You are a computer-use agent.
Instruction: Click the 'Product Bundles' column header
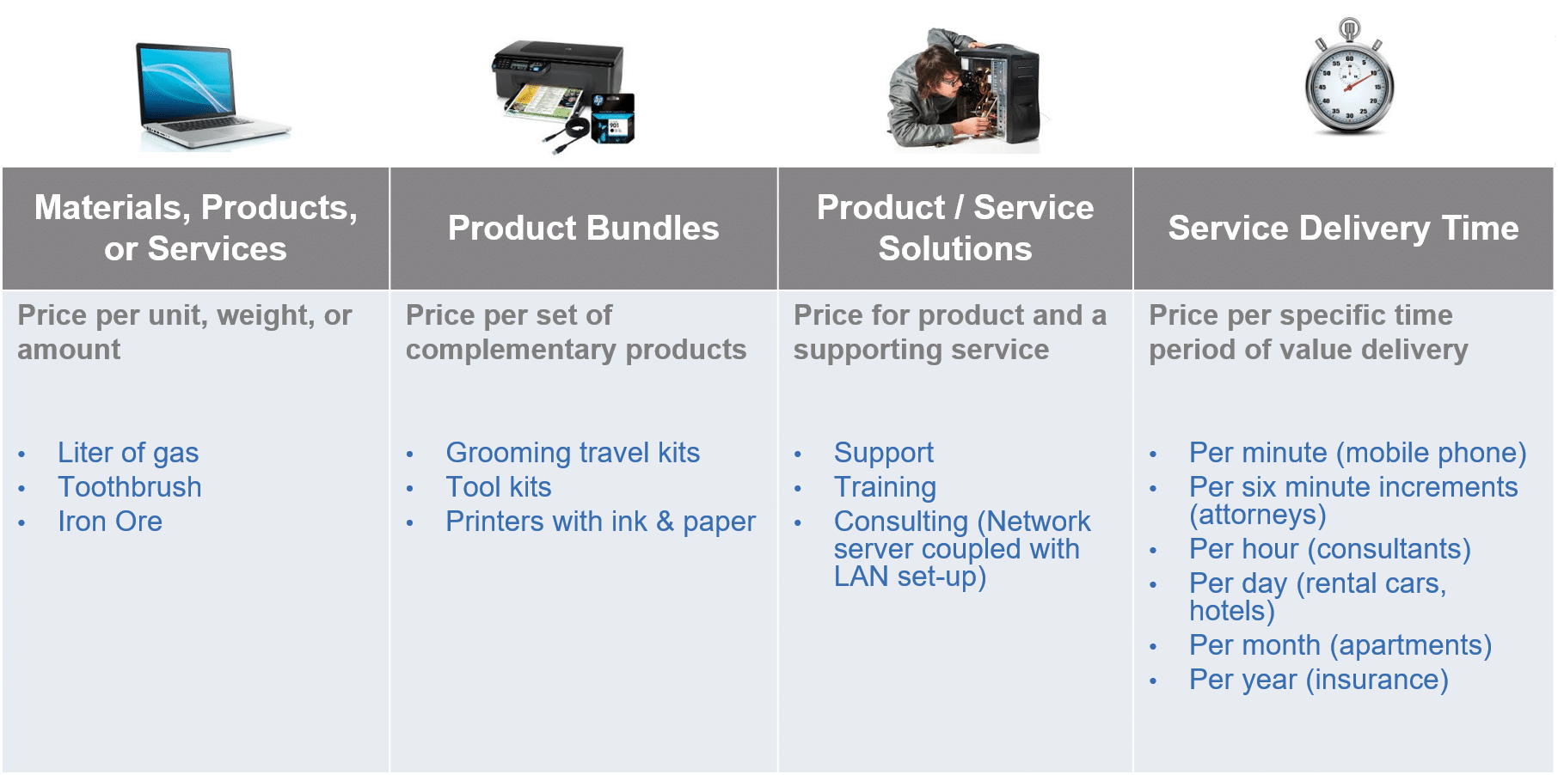[584, 228]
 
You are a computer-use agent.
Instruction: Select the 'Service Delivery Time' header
[1343, 228]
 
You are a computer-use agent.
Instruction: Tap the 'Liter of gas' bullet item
[128, 453]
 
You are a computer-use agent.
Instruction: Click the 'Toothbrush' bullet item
[130, 487]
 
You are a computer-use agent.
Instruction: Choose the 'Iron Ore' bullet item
[110, 522]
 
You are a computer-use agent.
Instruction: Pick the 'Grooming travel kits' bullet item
[573, 453]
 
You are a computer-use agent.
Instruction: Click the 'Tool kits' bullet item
[499, 487]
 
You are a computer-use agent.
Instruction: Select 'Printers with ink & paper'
[601, 522]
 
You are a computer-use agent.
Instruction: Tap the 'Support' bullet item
[884, 453]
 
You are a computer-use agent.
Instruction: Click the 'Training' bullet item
[885, 487]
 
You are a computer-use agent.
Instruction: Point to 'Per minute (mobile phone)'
[1358, 453]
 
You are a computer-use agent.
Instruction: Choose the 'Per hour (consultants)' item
[1330, 549]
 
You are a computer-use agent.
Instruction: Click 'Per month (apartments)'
[1340, 645]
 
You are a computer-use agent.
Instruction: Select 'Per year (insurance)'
[1319, 680]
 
